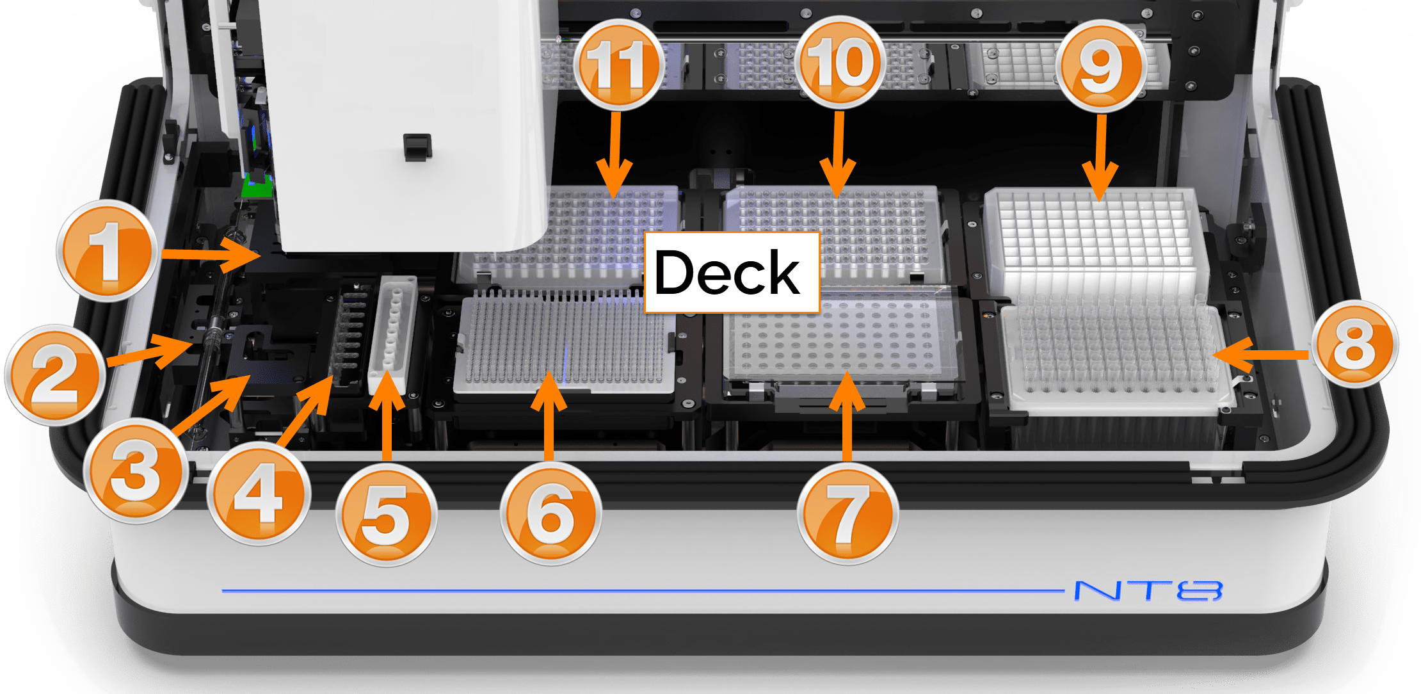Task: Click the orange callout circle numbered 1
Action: coord(107,250)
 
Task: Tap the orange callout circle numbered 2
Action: coord(55,375)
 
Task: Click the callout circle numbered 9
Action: coord(1100,65)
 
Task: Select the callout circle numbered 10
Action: coord(840,62)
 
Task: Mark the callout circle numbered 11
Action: coord(618,63)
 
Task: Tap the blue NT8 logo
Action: coord(1148,590)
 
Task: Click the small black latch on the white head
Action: coord(417,147)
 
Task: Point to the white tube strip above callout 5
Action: coord(392,335)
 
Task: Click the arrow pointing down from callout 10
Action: coord(839,154)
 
